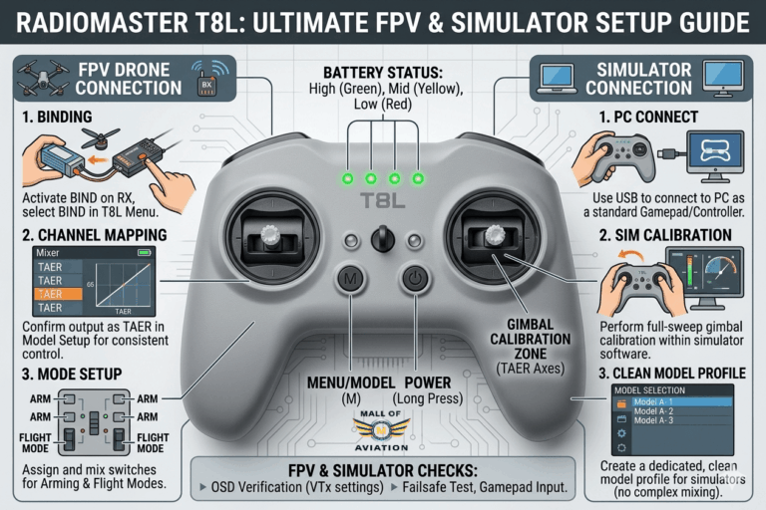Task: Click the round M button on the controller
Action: (350, 281)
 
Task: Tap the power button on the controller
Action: (415, 281)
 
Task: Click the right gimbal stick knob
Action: (492, 235)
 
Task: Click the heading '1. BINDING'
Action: (60, 117)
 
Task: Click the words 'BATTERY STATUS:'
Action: (382, 73)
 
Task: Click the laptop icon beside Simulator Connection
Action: (555, 74)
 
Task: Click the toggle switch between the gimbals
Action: (382, 239)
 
